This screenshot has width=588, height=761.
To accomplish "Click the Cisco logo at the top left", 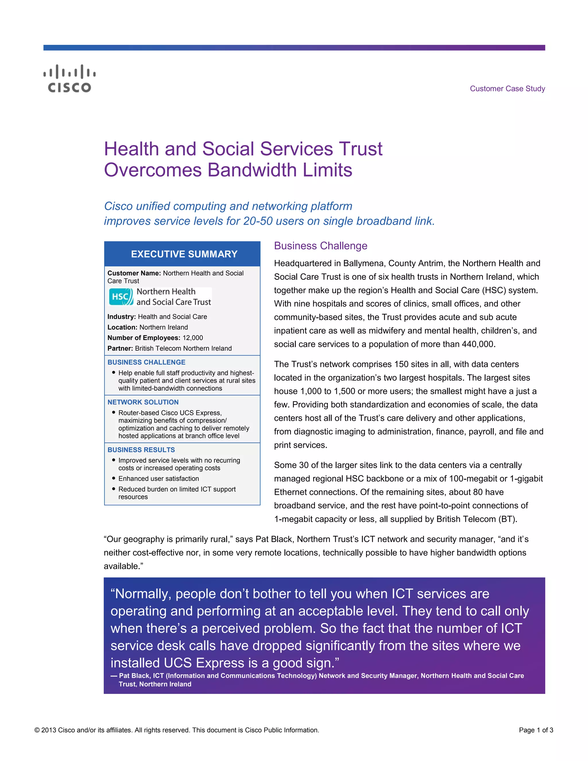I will [69, 78].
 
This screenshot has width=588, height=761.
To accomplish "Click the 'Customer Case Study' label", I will [507, 88].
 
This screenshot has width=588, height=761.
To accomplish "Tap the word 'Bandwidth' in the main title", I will [252, 170].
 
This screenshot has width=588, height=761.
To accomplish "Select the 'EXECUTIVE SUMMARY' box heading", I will [184, 254].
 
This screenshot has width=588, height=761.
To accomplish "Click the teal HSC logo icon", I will [121, 297].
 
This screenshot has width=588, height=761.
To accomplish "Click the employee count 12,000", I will [193, 338].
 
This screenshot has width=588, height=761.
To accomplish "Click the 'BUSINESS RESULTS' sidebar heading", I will [141, 450].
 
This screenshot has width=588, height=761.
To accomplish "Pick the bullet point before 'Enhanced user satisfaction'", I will [114, 478].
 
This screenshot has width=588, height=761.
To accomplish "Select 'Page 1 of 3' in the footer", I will [536, 730].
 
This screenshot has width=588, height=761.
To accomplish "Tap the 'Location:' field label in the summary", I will [122, 327].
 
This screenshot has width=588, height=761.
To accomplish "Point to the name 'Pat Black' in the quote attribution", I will [134, 676].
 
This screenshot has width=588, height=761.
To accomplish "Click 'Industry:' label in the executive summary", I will [121, 317].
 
